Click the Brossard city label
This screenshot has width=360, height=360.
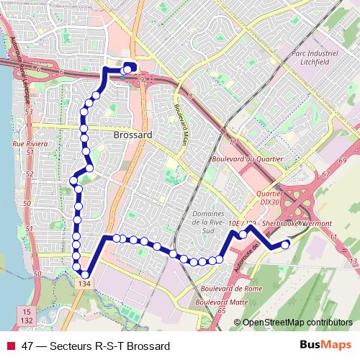pos(132,135)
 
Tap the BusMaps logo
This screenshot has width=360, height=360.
pos(326,346)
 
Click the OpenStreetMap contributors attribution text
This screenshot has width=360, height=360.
pos(297,323)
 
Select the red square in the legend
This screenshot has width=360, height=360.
pos(11,346)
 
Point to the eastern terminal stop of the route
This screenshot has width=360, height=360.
pos(285,244)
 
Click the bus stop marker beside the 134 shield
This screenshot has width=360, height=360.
pos(86,274)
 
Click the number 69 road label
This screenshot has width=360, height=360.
pos(343,159)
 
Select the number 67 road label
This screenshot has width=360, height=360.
pos(326,175)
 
